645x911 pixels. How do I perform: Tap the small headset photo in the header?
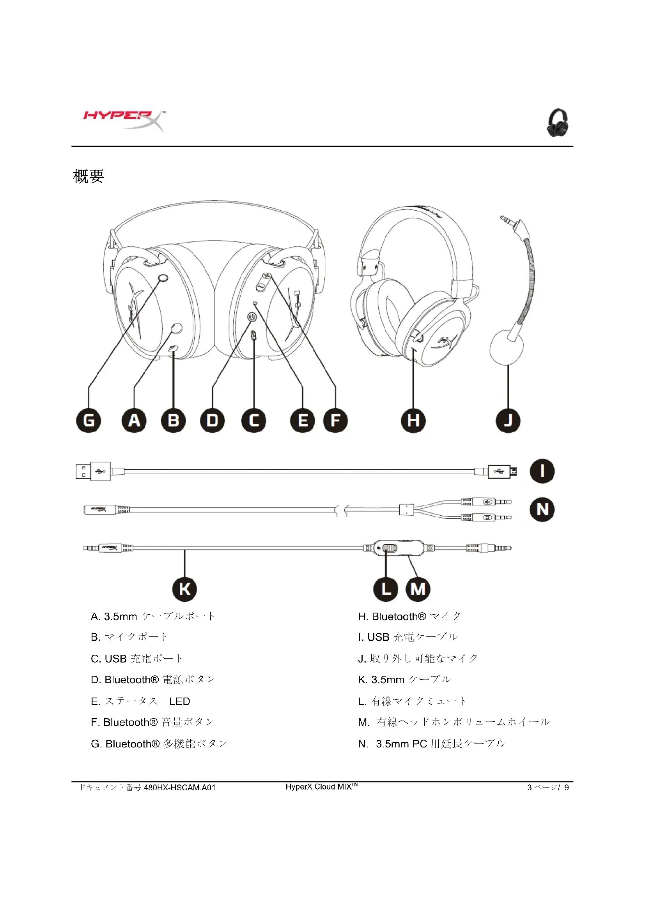pos(558,123)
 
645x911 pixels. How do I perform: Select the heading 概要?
pos(89,176)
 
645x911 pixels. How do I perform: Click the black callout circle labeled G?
pos(88,421)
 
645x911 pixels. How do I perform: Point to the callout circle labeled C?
pos(254,421)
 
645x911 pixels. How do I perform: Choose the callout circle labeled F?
pos(335,421)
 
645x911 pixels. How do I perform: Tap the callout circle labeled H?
pos(413,421)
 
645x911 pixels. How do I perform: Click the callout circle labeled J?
pos(508,421)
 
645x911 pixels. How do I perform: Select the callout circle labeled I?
pos(542,471)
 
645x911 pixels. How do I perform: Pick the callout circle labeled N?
pos(542,509)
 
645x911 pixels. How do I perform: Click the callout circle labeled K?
pos(185,589)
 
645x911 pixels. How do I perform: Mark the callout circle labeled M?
pos(418,589)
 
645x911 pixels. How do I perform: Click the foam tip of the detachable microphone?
pos(506,347)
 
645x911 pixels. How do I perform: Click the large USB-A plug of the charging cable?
pos(93,471)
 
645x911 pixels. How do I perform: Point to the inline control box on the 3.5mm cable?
pos(399,548)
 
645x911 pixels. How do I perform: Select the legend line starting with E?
pos(140,701)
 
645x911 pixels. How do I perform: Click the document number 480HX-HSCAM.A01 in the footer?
pos(179,787)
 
